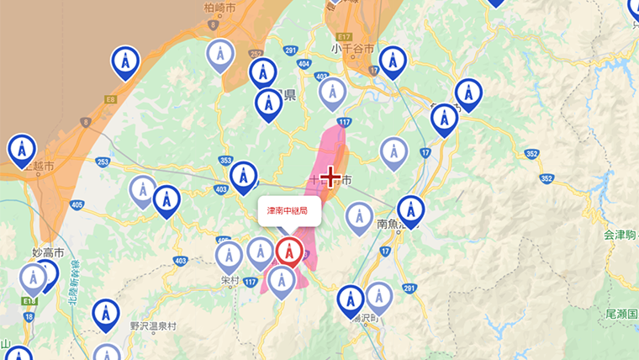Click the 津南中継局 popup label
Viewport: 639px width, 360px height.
point(288,210)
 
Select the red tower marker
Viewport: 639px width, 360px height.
point(289,251)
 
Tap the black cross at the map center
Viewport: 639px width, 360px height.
point(330,177)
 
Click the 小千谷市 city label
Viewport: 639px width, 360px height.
point(352,50)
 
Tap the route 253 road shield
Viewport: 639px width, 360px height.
point(103,161)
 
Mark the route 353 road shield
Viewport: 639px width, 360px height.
point(224,160)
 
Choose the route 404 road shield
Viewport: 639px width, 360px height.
point(304,64)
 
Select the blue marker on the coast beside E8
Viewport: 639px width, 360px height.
point(125,61)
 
